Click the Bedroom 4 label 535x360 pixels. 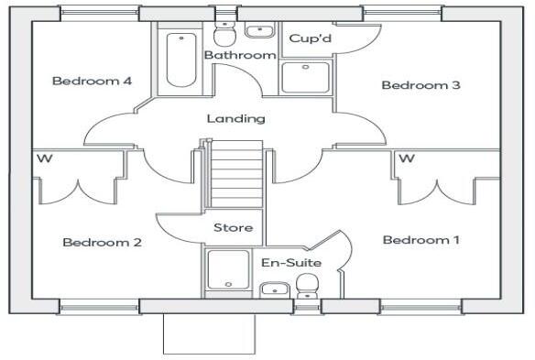92,82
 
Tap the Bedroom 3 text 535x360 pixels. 420,85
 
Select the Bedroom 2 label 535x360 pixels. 102,243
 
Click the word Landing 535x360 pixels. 235,118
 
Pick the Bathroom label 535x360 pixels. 240,56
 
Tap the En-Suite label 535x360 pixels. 290,263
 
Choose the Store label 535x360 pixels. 233,227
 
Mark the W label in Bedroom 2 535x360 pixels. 43,159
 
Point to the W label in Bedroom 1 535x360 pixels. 408,159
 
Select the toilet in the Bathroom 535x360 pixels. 224,35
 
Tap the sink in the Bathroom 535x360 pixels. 260,30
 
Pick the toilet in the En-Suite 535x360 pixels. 307,289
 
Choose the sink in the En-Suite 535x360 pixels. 273,291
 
